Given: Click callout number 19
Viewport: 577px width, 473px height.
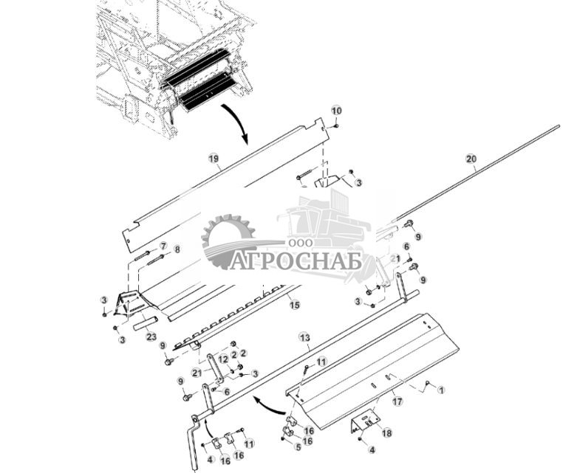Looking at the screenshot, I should pos(213,158).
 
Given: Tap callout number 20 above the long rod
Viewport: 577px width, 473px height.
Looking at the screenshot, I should pos(471,159).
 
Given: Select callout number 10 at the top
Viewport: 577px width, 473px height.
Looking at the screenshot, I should pos(336,111).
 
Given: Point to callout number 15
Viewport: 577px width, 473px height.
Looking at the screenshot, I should pos(294,304).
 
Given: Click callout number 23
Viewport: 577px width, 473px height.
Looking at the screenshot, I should pos(151,336).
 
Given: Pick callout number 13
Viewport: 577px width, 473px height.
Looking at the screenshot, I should pos(305,337).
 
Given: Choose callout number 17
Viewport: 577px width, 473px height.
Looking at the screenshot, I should pos(397,402).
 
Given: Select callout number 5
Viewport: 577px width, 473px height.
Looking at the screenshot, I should pos(298,446).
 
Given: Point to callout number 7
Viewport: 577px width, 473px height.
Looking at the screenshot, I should pos(163,246).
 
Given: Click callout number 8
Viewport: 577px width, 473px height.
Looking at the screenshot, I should pos(176,250).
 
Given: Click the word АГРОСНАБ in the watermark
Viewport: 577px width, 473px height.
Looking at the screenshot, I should pos(295,261).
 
